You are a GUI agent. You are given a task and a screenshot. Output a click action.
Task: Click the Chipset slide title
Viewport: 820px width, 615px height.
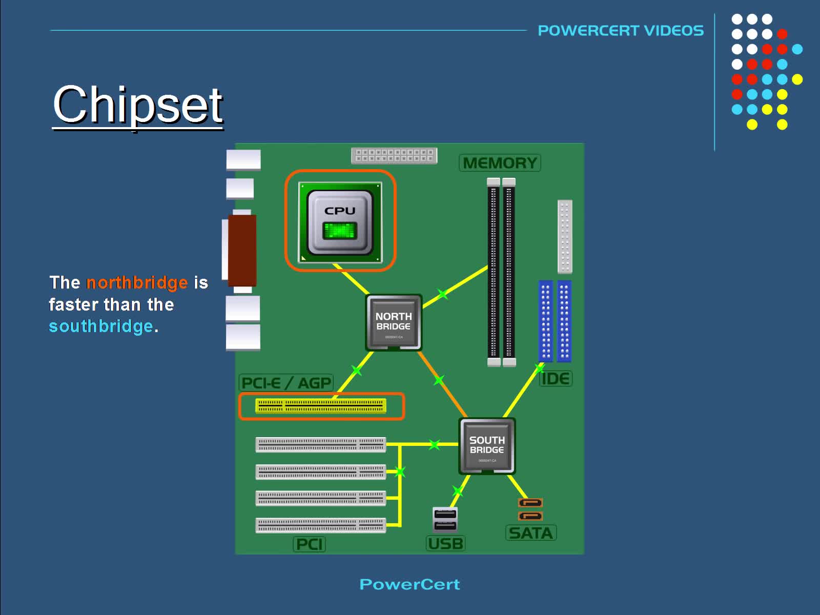[137, 105]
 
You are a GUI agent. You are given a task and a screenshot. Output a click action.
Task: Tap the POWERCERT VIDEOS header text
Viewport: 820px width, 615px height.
[620, 31]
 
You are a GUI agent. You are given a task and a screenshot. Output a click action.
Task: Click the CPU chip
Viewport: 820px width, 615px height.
[340, 222]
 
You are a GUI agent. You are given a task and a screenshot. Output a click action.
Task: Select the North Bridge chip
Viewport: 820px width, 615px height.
[393, 322]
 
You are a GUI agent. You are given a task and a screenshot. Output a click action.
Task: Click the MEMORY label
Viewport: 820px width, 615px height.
[500, 163]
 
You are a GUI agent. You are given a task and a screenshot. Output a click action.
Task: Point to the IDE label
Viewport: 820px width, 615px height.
[556, 379]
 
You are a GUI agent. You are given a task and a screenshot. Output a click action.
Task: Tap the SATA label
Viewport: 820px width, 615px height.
[531, 533]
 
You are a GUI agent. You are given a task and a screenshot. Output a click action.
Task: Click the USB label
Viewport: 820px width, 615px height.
[445, 543]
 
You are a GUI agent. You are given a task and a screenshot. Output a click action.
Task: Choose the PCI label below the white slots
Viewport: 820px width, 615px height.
[309, 544]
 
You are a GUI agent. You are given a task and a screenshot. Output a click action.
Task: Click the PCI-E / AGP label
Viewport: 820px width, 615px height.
[286, 383]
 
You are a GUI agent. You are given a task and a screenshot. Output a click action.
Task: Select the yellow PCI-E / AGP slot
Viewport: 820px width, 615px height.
[321, 406]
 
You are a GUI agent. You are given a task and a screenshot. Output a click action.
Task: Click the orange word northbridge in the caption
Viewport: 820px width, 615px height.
[137, 282]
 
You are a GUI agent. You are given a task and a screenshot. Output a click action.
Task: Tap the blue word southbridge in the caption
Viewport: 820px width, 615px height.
[101, 326]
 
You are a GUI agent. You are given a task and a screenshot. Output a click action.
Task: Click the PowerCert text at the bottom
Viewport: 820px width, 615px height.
[409, 584]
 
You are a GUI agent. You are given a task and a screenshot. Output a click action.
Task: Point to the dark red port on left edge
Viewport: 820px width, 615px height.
[242, 250]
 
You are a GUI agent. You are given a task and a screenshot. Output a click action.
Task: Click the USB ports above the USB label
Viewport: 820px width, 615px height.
[445, 519]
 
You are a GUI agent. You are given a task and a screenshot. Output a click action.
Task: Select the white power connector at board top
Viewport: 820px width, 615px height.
[394, 155]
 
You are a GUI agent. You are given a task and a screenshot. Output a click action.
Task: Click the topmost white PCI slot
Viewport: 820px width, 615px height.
[321, 444]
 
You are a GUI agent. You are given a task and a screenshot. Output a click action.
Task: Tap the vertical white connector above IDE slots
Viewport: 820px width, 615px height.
[564, 237]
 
